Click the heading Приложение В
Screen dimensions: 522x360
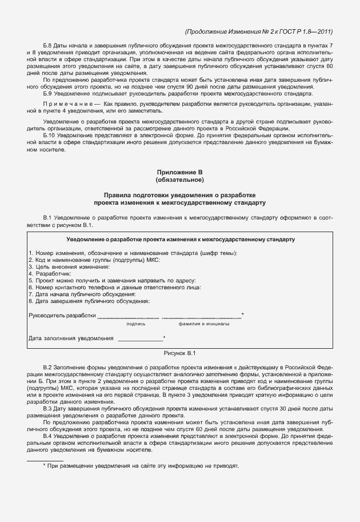pyautogui.click(x=179, y=173)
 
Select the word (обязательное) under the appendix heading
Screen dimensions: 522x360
pyautogui.click(x=179, y=181)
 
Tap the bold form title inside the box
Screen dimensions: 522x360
pyautogui.click(x=180, y=238)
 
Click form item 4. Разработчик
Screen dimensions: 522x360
pyautogui.click(x=49, y=274)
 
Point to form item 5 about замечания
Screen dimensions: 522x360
pyautogui.click(x=112, y=281)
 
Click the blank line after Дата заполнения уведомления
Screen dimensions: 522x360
pyautogui.click(x=140, y=338)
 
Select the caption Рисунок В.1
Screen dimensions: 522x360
pyautogui.click(x=179, y=353)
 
